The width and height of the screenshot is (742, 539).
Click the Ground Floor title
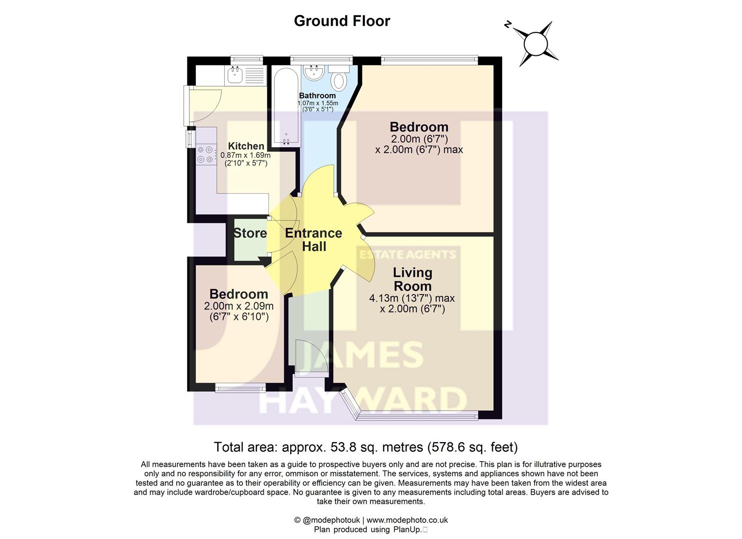342,21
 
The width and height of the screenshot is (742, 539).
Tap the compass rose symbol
536,43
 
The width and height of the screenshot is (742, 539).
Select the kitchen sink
235,76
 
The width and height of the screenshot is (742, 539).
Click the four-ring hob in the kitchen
205,154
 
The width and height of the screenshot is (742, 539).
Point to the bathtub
285,106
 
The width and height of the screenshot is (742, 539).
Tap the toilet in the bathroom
341,78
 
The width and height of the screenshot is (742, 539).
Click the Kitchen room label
246,146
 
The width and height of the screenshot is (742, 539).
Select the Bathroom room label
317,95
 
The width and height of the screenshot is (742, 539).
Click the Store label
250,233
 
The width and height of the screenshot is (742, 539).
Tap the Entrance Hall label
313,240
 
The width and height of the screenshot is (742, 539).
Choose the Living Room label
412,279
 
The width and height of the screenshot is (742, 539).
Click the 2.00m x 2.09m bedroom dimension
238,306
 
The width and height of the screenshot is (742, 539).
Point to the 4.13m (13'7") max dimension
412,298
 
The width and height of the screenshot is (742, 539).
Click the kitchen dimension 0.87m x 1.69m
245,155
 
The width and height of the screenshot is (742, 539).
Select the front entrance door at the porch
310,357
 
